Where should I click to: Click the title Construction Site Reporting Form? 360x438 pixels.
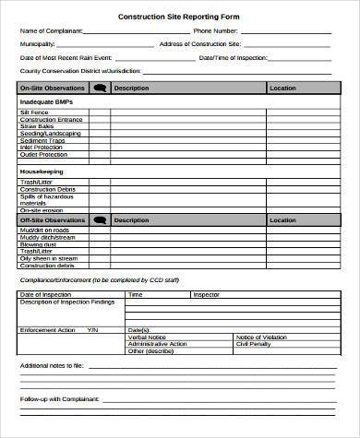(x=179, y=16)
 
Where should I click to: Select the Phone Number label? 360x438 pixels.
(x=216, y=30)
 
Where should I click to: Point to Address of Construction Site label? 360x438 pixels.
(x=200, y=43)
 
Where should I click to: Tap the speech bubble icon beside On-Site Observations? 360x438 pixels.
(x=100, y=89)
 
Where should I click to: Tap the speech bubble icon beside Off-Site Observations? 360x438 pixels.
(x=100, y=220)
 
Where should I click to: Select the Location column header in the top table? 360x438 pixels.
(x=282, y=89)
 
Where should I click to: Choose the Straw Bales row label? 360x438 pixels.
(x=36, y=126)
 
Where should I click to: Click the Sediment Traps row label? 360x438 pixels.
(x=42, y=140)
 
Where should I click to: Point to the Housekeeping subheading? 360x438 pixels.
(x=42, y=171)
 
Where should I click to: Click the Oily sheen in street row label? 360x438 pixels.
(x=46, y=257)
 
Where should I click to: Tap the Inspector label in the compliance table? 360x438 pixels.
(x=206, y=294)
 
